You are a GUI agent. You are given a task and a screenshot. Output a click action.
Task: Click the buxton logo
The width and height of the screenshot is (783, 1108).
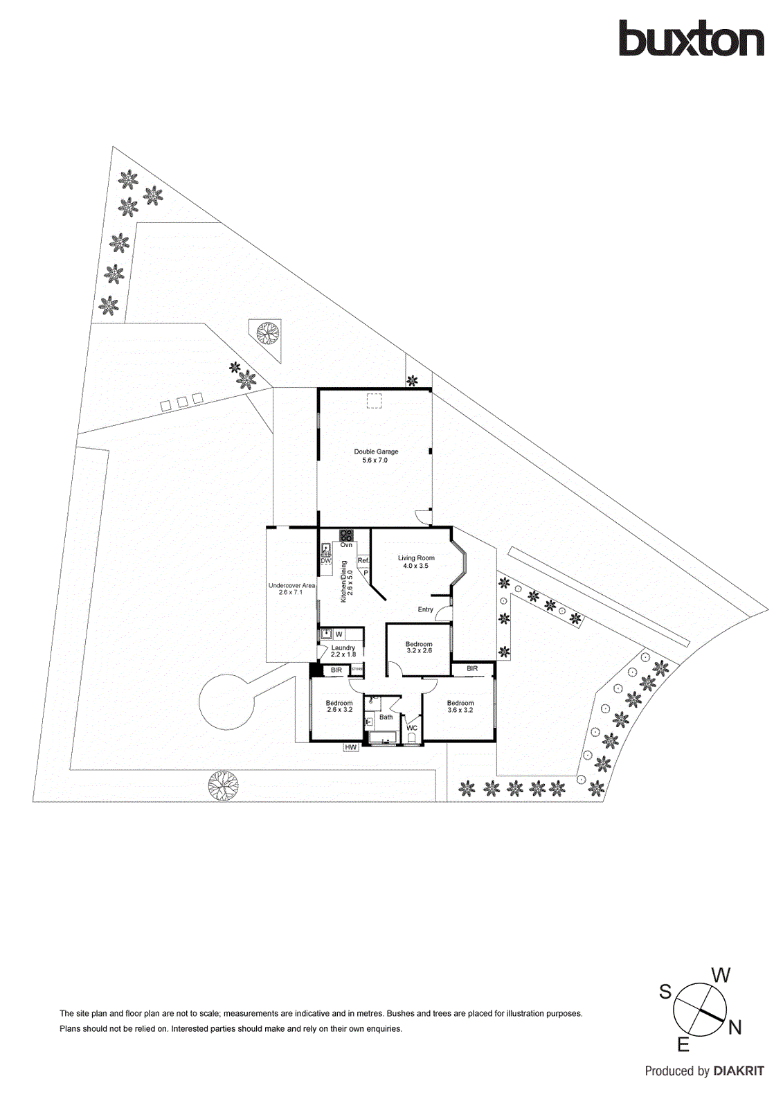[690, 39]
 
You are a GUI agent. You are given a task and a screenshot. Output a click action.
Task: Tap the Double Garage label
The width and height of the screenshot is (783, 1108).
[376, 455]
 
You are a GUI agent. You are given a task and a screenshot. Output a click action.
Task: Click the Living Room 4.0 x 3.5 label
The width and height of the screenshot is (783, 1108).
[416, 562]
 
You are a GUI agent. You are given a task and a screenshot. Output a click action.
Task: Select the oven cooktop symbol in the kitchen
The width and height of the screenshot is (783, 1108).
[346, 535]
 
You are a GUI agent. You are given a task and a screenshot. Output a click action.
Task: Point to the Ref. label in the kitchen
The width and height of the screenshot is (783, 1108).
[363, 560]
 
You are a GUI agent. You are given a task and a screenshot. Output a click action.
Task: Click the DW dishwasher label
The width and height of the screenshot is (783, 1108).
[325, 560]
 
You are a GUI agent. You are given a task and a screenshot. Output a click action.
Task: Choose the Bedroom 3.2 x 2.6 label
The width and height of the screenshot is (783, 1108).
[419, 647]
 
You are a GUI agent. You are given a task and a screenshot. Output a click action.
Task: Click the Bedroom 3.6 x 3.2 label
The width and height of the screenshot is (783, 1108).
[460, 706]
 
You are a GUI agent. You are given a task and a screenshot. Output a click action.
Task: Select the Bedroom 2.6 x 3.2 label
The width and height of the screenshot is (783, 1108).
[339, 706]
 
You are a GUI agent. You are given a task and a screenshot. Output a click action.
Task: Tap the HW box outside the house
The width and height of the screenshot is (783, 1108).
[351, 747]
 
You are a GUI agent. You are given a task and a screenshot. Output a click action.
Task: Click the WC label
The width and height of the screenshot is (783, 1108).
[412, 728]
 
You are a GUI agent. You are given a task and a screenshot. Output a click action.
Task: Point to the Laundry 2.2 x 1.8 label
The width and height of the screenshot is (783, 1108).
[343, 651]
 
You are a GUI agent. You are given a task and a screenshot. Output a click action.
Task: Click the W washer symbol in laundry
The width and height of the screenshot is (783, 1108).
[339, 634]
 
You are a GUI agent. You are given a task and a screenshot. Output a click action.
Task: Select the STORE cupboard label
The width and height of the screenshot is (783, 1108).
[357, 670]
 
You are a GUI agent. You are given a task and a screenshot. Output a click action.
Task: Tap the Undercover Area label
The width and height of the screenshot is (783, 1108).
[291, 589]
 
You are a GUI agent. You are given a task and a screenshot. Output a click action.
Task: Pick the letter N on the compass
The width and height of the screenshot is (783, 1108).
[735, 1028]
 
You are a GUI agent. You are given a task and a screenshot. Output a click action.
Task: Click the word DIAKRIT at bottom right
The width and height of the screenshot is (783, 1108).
[739, 1071]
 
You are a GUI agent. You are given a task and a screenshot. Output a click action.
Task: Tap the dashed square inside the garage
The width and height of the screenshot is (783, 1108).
[374, 402]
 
